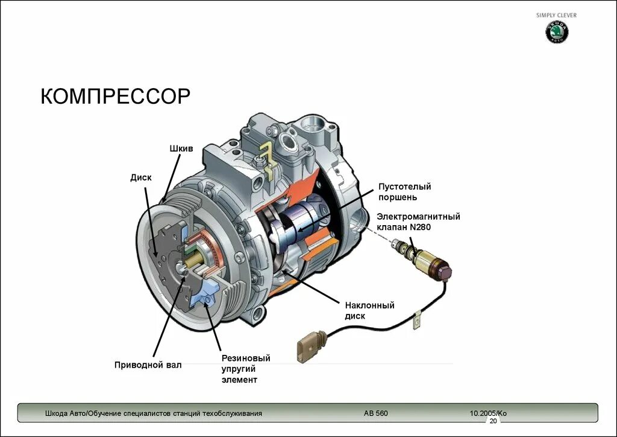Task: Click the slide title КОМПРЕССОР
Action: (115, 96)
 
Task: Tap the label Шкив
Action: (181, 148)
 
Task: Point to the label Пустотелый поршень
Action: (404, 192)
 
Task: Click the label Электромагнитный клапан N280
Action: (418, 222)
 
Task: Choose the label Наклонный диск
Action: (369, 310)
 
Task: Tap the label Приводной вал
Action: (148, 365)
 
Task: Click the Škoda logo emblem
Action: (557, 33)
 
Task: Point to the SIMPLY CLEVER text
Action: (556, 15)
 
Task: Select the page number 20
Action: (493, 421)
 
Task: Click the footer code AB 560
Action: (376, 413)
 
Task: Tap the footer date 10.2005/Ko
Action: (488, 413)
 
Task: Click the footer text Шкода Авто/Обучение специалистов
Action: (153, 413)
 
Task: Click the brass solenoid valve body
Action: (430, 261)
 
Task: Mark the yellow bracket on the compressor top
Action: (266, 153)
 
